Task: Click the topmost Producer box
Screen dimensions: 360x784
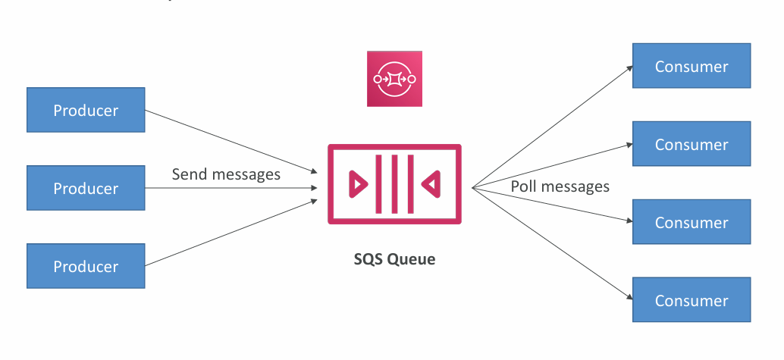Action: (86, 111)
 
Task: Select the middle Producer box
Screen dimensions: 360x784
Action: (86, 189)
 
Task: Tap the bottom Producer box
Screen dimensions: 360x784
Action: (86, 267)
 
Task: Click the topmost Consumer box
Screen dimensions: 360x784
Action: (691, 66)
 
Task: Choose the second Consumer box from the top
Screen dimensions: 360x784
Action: (691, 144)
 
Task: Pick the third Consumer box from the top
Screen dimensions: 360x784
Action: (691, 223)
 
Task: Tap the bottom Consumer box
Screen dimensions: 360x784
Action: (691, 301)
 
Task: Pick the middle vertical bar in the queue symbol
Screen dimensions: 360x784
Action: (394, 183)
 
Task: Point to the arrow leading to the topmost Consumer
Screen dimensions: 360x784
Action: (554, 126)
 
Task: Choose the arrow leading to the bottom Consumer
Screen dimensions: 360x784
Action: (554, 242)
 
